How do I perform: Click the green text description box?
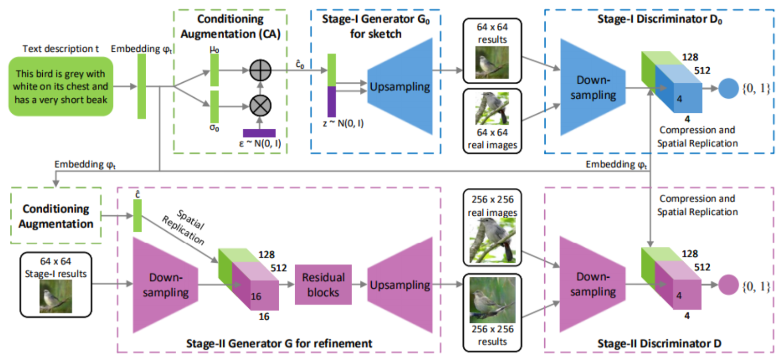click(61, 86)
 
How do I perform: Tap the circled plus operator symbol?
click(260, 70)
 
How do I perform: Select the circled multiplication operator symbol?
click(260, 106)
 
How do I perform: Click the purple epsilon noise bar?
click(259, 133)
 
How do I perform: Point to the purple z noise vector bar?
click(331, 102)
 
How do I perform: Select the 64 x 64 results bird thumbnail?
click(492, 62)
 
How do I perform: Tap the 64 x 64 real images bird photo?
click(492, 109)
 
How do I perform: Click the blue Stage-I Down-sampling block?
click(592, 87)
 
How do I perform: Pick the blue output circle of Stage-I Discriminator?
click(728, 88)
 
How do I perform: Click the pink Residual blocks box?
click(323, 285)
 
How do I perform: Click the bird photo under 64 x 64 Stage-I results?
click(56, 297)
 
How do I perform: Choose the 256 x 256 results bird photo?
click(492, 300)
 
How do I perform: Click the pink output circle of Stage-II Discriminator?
click(728, 285)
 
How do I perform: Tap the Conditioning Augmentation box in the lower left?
click(56, 216)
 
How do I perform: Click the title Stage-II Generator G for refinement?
click(279, 344)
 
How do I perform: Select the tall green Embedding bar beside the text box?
click(141, 86)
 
